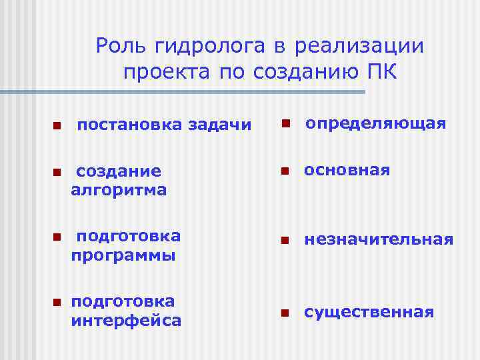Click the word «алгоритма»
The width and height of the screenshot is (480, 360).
pos(119,190)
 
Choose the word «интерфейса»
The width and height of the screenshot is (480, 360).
pos(126,321)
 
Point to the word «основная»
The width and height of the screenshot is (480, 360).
pos(347,170)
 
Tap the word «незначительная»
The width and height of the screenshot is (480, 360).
pos(379,239)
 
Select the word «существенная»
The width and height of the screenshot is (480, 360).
pos(369,312)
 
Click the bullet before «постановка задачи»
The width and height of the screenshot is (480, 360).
pos(57,125)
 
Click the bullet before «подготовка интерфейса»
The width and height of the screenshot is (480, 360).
pos(57,302)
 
